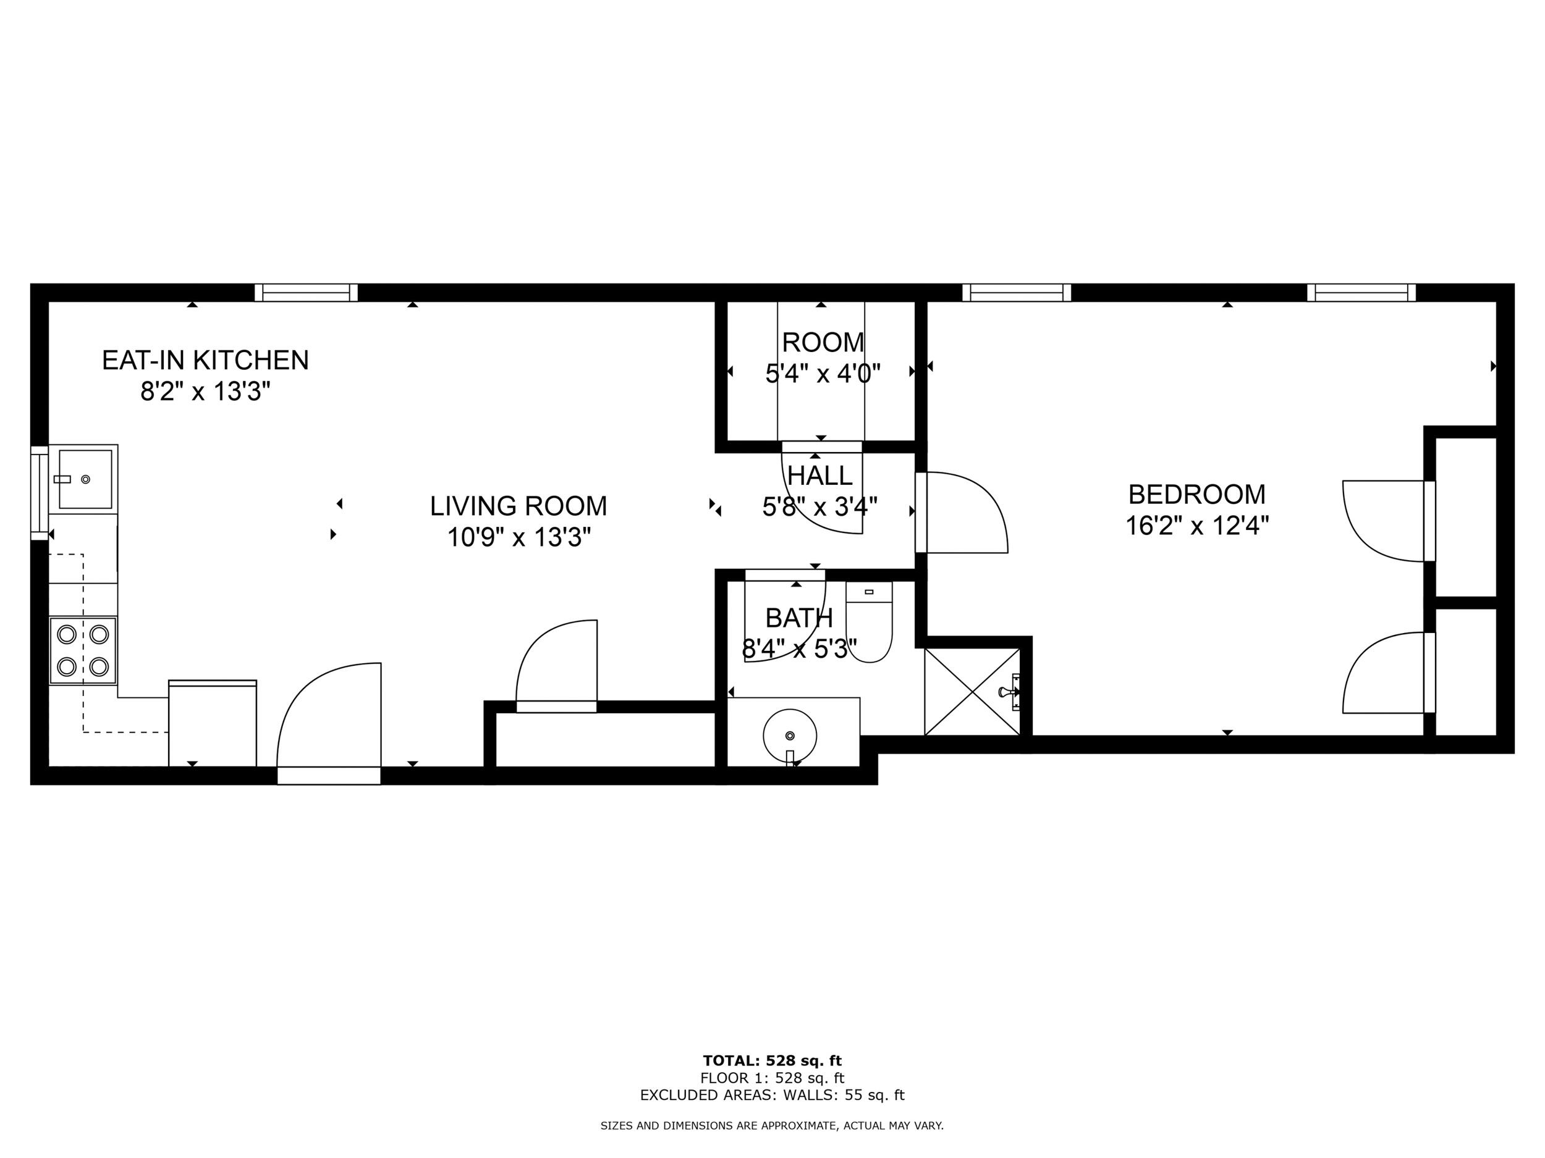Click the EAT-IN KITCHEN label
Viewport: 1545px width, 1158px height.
tap(205, 360)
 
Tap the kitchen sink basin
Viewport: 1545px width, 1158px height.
tap(85, 479)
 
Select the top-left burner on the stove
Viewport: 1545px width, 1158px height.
tap(66, 634)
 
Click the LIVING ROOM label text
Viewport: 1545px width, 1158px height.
tap(519, 506)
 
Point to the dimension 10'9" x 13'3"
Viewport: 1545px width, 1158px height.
tap(519, 537)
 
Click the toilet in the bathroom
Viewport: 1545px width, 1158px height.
tap(869, 625)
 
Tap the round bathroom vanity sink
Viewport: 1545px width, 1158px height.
tap(790, 736)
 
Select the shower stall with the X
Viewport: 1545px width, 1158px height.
tap(972, 692)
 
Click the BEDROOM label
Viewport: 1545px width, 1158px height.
tap(1196, 494)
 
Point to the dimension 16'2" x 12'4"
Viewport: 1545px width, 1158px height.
tap(1196, 526)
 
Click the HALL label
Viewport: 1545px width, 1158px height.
tap(819, 476)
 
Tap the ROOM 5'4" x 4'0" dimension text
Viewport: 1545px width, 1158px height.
tap(822, 374)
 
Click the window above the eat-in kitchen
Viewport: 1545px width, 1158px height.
tap(306, 293)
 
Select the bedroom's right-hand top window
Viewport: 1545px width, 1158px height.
tap(1361, 293)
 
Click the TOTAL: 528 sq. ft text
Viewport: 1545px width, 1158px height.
tap(772, 1061)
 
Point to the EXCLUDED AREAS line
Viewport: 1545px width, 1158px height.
tap(772, 1095)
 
